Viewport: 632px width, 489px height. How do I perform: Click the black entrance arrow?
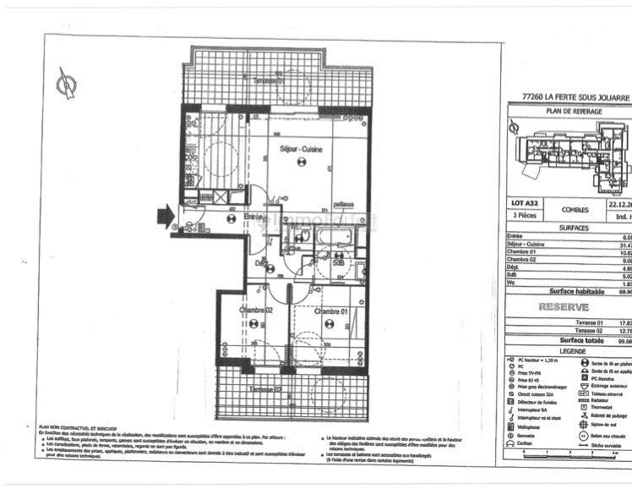[161, 218]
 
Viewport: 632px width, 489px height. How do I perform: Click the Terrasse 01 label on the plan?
[270, 78]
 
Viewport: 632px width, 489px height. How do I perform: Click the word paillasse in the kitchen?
[341, 204]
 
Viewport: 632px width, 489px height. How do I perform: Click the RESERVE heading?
[564, 307]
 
